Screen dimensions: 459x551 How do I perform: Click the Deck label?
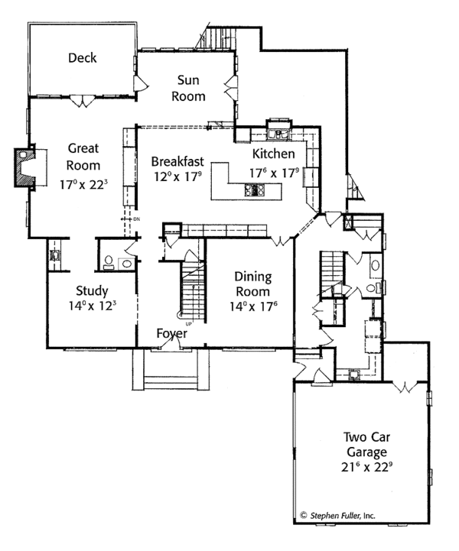83,58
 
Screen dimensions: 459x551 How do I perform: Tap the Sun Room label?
188,88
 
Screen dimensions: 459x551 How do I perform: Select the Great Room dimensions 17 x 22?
83,183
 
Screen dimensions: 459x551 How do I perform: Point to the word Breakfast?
177,162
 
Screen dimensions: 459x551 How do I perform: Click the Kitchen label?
274,154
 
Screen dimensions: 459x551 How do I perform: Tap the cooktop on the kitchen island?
254,190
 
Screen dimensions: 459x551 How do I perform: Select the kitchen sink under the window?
278,135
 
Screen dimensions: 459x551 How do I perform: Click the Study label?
92,291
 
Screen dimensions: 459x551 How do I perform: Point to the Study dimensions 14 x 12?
92,306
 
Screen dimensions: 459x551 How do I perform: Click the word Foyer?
171,333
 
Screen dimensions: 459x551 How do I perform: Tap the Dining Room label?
253,284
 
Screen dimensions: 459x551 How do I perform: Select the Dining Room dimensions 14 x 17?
253,306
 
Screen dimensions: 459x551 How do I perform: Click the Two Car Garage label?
367,445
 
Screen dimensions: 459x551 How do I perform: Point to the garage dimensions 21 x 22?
367,467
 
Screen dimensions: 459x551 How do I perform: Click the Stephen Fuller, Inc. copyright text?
337,516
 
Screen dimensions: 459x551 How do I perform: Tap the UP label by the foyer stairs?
188,323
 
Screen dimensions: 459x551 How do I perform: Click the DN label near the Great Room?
136,219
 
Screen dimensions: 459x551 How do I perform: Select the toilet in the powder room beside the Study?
109,262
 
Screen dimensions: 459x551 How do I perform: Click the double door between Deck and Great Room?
82,101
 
